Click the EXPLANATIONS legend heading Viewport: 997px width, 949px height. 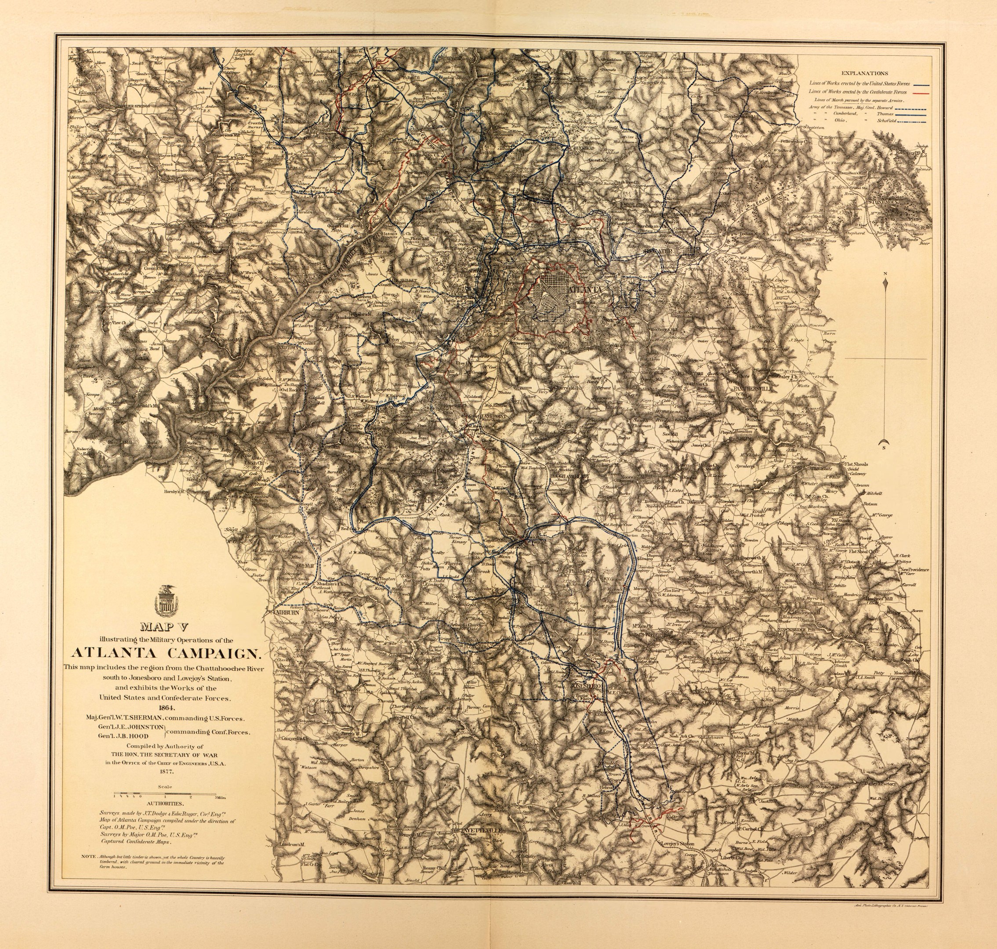(x=865, y=73)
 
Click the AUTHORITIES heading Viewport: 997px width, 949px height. (x=165, y=803)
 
